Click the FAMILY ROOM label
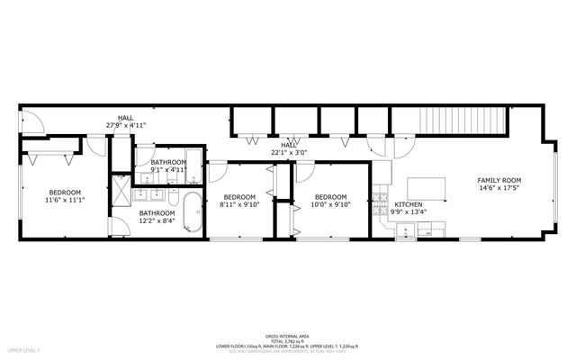[x=499, y=180]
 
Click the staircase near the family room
[x=463, y=118]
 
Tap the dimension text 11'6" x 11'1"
[x=65, y=200]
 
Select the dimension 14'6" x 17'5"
[x=499, y=188]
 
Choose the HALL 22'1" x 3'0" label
[x=289, y=148]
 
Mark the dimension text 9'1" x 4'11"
[x=166, y=169]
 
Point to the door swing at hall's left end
[x=31, y=123]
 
